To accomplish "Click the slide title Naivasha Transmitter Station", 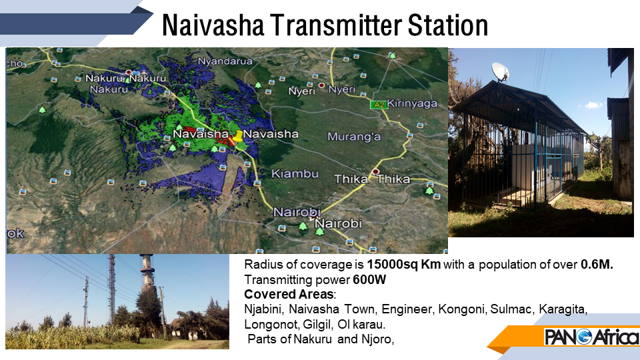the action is tap(325, 25).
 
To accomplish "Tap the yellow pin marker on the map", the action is tap(237, 136).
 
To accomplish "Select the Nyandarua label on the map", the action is tap(225, 61).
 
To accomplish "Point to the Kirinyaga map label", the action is tap(412, 104).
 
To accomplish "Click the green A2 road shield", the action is tap(379, 105).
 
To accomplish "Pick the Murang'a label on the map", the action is tap(354, 136).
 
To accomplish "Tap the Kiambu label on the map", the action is tap(295, 174).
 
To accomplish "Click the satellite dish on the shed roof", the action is tap(501, 72).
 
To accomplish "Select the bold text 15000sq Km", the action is tap(404, 265).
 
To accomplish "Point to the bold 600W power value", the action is tap(369, 279).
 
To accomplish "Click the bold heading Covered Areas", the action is tap(289, 294).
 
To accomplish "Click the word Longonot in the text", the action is tap(272, 325).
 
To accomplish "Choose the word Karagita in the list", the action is tap(563, 309).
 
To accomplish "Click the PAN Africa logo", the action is tap(592, 337).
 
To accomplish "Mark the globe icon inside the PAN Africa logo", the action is tap(585, 337).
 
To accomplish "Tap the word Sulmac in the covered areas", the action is tap(512, 309).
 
